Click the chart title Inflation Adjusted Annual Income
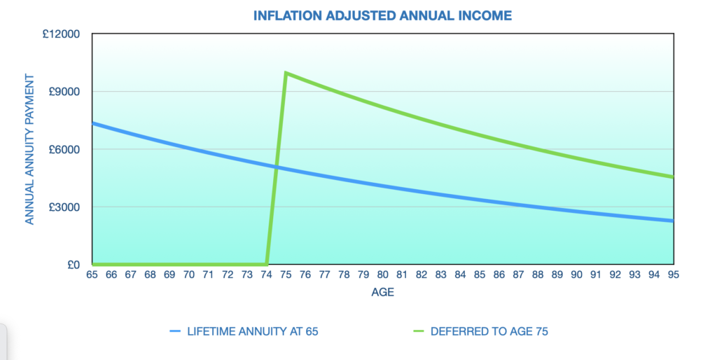[x=382, y=15]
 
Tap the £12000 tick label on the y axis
[x=61, y=34]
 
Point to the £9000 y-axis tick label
[x=64, y=92]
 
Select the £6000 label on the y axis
[x=64, y=150]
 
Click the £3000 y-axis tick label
[x=64, y=207]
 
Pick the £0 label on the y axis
[x=73, y=265]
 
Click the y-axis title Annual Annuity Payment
[x=29, y=149]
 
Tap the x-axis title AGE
[x=383, y=292]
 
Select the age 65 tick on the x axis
[x=92, y=275]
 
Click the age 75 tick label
[x=286, y=275]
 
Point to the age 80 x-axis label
[x=383, y=275]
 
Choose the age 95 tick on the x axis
[x=673, y=275]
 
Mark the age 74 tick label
[x=266, y=275]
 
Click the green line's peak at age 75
[x=286, y=73]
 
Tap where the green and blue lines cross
[x=276, y=167]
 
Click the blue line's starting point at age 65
[x=92, y=123]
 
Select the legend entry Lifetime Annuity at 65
[x=244, y=331]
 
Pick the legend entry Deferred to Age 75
[x=480, y=331]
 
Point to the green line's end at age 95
[x=673, y=177]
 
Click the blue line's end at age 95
[x=673, y=221]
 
